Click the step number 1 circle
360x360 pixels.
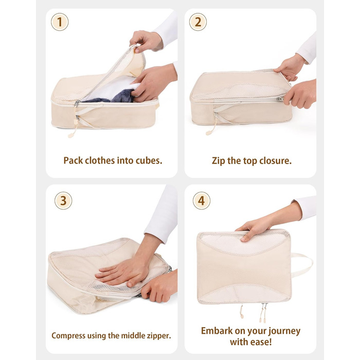point(60,22)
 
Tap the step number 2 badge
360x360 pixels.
point(198,22)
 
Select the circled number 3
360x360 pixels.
point(63,201)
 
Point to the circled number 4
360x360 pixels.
point(202,201)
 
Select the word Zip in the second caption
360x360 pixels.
point(219,161)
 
